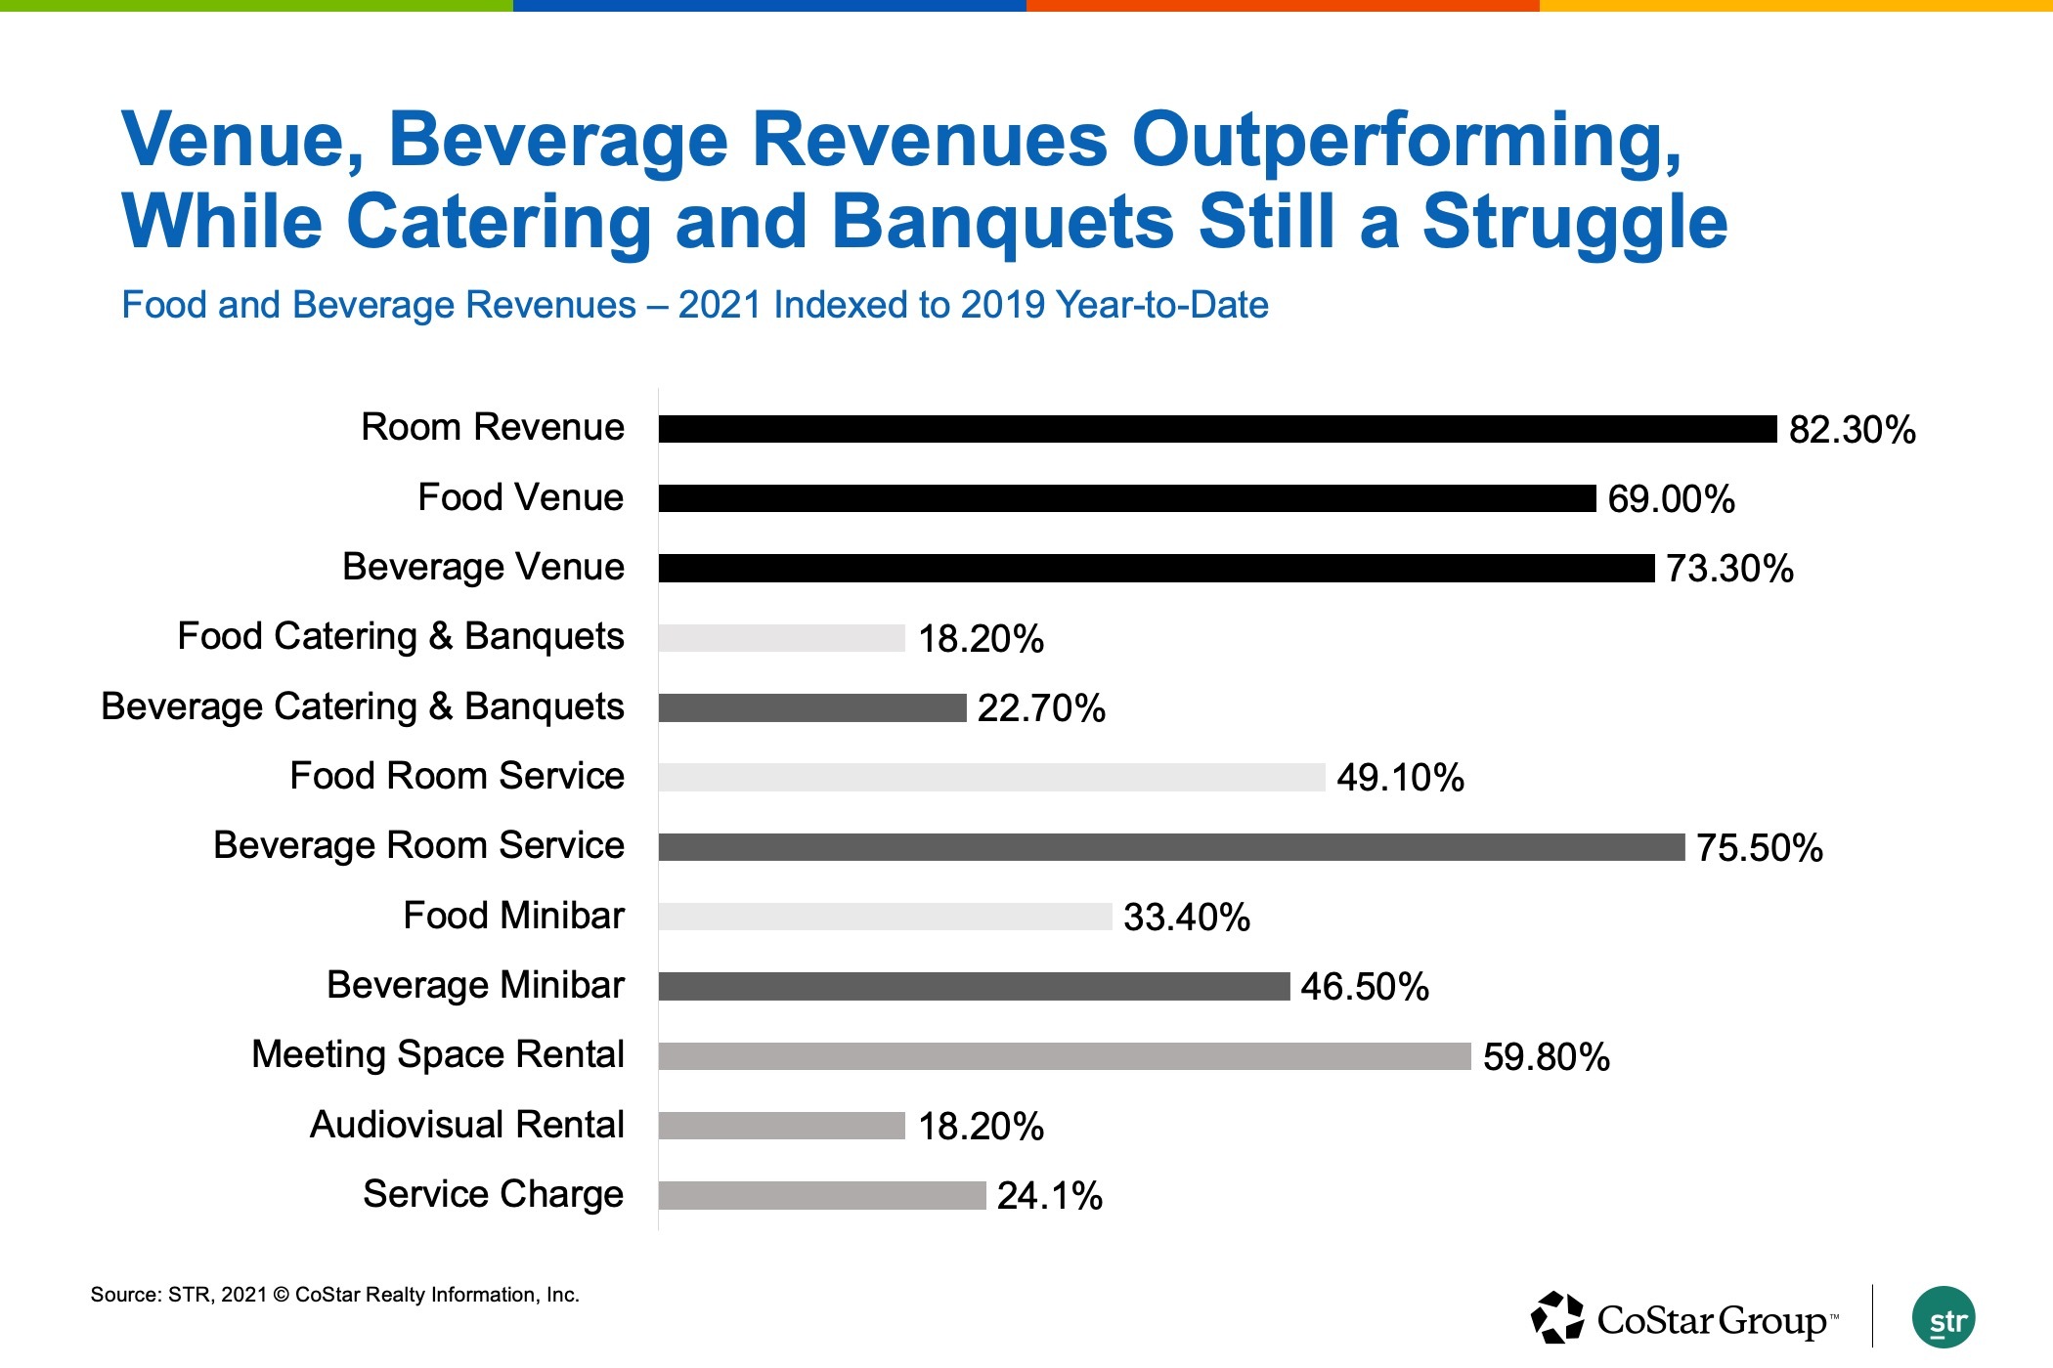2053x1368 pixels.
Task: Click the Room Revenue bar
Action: coord(1217,429)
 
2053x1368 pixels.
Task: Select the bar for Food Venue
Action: coord(1126,498)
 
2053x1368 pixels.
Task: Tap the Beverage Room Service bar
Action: coord(1171,847)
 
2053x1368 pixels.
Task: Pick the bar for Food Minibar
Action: coord(885,917)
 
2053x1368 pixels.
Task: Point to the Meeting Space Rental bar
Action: coord(1064,1056)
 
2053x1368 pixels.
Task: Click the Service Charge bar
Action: coord(821,1195)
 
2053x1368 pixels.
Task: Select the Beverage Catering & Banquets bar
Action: coord(811,707)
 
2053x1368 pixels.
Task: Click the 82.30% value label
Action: coord(1852,430)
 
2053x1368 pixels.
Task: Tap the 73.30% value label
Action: coord(1729,569)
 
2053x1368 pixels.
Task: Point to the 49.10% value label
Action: coord(1400,778)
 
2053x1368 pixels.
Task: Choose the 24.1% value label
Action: coord(1049,1196)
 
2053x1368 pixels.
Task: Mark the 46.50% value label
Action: coord(1364,987)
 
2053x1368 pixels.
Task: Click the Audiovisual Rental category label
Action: coord(466,1125)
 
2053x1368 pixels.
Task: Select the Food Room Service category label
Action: coord(457,776)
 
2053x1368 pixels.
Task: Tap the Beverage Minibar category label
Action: coord(475,985)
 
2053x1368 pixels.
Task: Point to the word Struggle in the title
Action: coord(1574,222)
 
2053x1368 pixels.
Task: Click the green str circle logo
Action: coord(1943,1318)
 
